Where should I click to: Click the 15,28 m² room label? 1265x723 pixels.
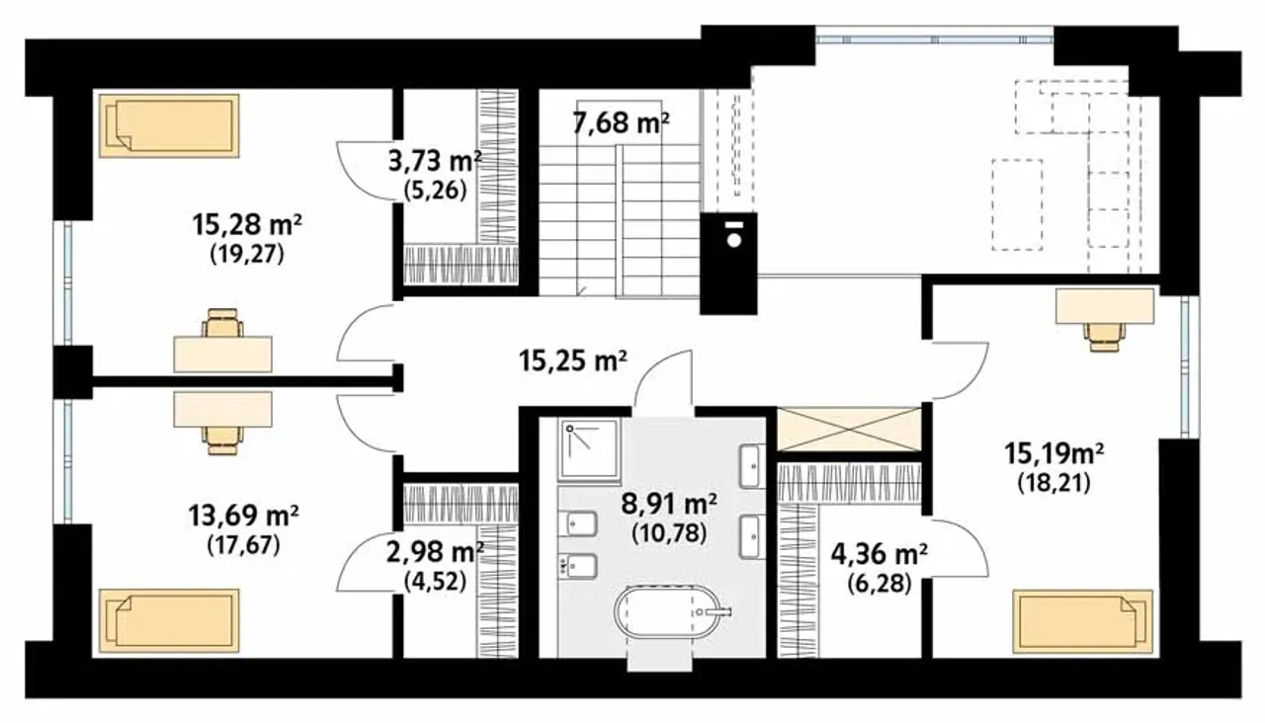pos(247,225)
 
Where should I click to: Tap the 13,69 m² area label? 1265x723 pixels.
pos(243,516)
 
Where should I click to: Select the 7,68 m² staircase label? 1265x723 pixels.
pos(622,123)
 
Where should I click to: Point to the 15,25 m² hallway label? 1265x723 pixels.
pos(573,361)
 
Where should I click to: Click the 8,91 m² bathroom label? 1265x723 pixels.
pos(669,503)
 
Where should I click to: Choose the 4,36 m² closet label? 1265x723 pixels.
pos(880,554)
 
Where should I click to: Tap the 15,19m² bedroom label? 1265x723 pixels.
pos(1054,452)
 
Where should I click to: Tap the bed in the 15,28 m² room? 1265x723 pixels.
pos(169,125)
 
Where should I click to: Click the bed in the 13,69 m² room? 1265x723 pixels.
pos(169,621)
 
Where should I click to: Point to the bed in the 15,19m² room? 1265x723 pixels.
pos(1082,621)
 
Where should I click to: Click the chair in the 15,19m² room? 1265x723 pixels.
pos(1104,337)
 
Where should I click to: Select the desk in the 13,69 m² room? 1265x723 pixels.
pos(222,409)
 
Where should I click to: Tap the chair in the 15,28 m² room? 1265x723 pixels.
pos(223,323)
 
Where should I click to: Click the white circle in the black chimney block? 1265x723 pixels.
pos(733,239)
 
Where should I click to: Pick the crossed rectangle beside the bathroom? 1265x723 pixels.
pos(849,429)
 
